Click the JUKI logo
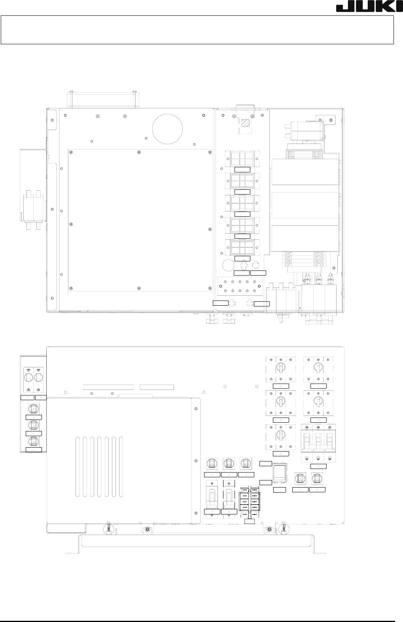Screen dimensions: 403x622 (x=369, y=8)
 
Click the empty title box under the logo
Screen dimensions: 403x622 (x=197, y=30)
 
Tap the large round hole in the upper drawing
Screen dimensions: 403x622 (x=167, y=129)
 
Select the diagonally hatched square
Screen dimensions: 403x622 (x=245, y=123)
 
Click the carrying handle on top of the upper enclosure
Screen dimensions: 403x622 (x=103, y=99)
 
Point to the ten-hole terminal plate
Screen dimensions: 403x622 (x=240, y=286)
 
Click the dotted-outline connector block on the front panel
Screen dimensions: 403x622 (x=250, y=503)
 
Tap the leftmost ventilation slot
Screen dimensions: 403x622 (x=78, y=467)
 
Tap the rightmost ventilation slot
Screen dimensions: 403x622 (x=121, y=467)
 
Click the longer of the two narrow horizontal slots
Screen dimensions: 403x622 (x=108, y=387)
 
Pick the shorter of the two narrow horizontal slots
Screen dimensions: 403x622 (x=157, y=387)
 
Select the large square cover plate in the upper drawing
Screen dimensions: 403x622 (x=140, y=220)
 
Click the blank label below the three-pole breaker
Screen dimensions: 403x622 (x=318, y=466)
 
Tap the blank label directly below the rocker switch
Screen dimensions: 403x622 (x=279, y=490)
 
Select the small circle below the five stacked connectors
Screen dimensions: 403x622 (x=228, y=265)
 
